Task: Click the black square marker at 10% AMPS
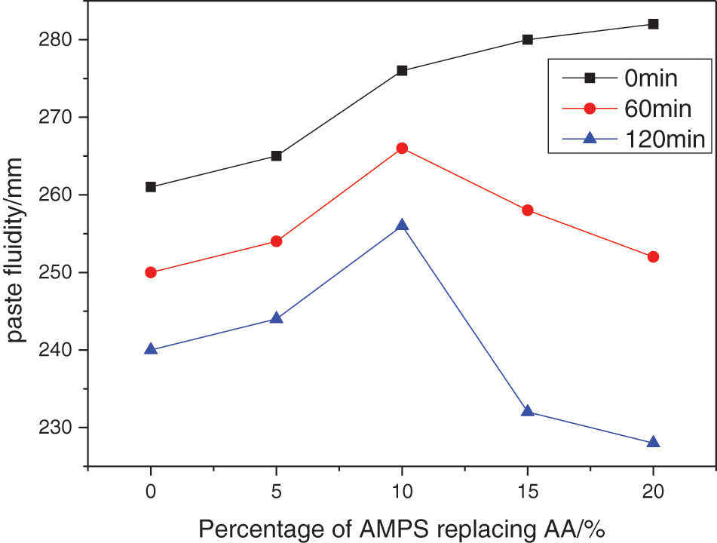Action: [402, 71]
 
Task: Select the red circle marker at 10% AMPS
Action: [402, 149]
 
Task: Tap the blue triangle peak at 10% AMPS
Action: [402, 225]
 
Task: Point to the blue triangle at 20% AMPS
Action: [654, 442]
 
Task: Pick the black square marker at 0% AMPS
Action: [151, 187]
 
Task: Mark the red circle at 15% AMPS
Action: [528, 210]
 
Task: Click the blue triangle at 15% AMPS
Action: [528, 411]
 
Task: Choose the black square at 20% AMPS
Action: [654, 24]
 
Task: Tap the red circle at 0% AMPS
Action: [151, 272]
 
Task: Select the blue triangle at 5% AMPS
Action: [277, 318]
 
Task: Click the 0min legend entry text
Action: [651, 78]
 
